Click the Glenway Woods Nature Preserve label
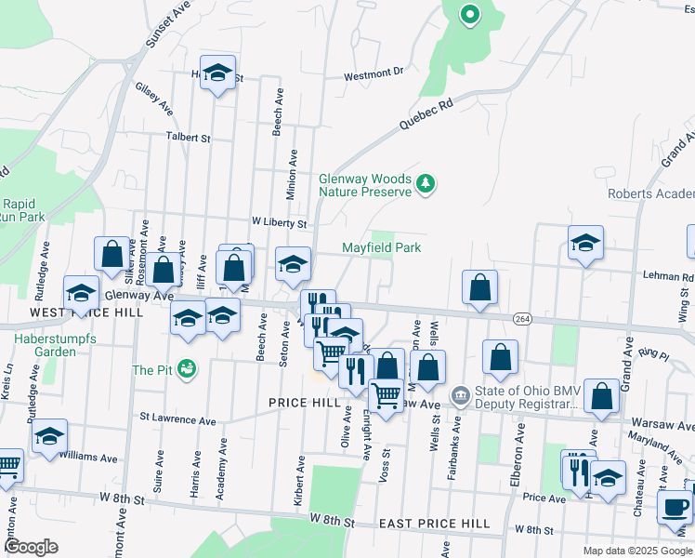click(364, 185)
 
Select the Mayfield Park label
click(381, 247)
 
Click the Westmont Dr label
click(374, 72)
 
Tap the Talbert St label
click(188, 137)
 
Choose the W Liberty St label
click(279, 223)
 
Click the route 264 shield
click(522, 318)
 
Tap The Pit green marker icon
click(187, 369)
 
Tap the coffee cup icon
click(674, 507)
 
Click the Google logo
click(31, 547)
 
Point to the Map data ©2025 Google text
click(636, 551)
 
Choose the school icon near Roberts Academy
click(585, 244)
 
